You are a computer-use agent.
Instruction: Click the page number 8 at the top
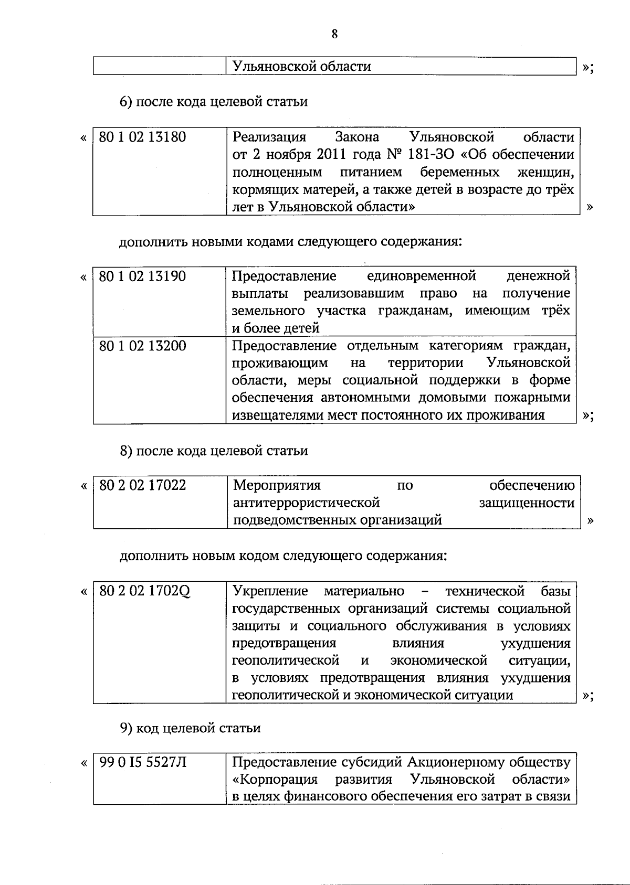tap(334, 34)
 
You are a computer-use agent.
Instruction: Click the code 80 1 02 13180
tap(142, 137)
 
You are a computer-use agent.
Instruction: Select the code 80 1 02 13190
tap(142, 276)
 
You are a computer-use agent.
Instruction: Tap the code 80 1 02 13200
tap(142, 346)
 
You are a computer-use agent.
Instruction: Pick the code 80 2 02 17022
tap(142, 485)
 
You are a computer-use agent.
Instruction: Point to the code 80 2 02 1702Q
tap(144, 592)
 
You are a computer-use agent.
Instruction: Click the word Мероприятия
tap(277, 485)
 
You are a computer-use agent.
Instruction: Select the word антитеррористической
tap(306, 503)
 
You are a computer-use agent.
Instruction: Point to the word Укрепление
tap(270, 592)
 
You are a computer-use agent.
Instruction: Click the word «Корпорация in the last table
tap(275, 779)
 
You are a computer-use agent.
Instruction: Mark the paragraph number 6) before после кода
tap(126, 102)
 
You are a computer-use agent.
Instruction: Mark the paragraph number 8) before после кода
tap(126, 451)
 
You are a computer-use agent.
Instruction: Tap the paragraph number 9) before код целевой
tap(126, 728)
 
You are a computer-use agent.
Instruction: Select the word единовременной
tap(422, 276)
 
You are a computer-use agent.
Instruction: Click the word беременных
tap(460, 173)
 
